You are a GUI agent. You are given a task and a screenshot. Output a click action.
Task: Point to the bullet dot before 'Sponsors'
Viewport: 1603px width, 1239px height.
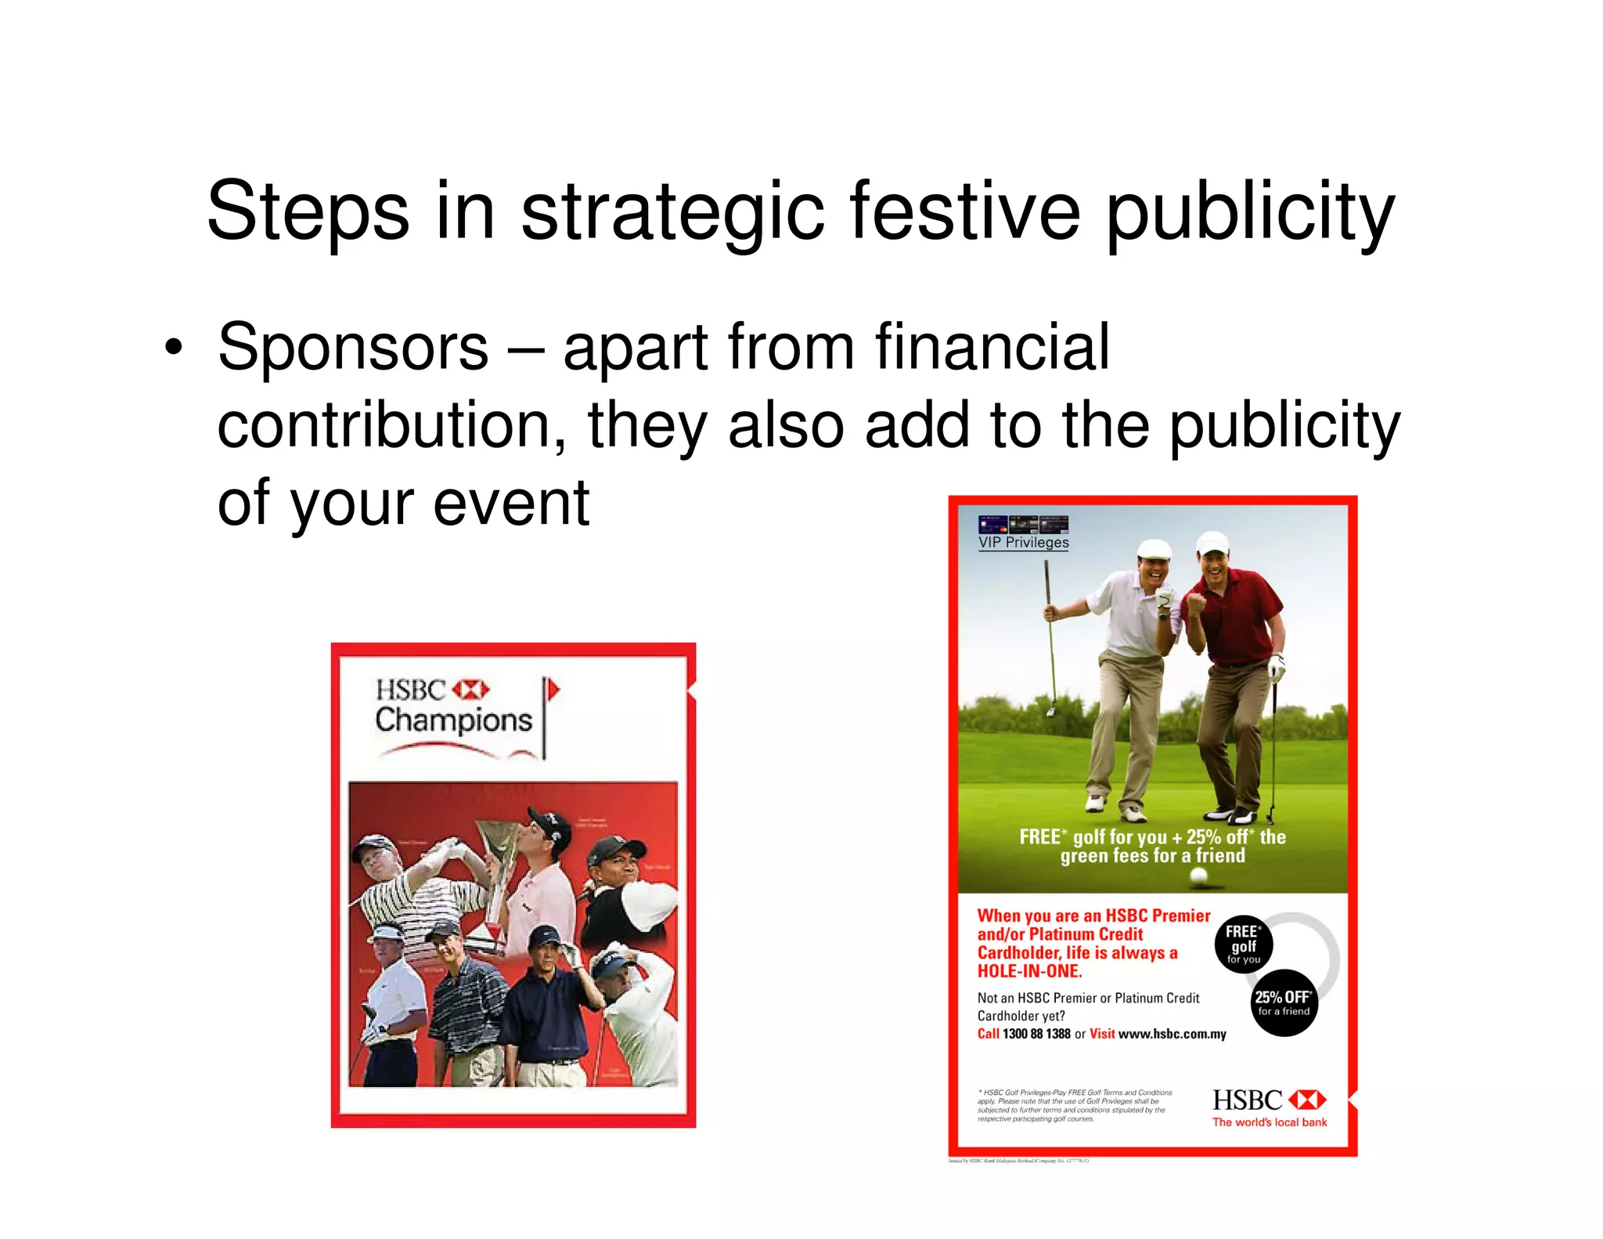click(173, 347)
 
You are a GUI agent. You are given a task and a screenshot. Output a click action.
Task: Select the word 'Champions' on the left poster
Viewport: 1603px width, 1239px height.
click(453, 720)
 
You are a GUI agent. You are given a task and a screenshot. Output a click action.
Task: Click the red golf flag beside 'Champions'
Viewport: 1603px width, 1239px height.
click(553, 690)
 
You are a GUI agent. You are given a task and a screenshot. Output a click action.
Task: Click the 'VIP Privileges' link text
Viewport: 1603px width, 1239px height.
click(1023, 542)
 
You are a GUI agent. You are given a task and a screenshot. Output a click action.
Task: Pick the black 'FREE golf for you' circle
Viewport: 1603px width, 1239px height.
click(1243, 945)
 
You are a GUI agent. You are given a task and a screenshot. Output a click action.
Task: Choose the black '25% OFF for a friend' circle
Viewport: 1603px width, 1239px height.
click(1283, 1002)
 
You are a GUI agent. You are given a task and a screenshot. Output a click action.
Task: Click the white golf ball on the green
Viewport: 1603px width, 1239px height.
click(1198, 877)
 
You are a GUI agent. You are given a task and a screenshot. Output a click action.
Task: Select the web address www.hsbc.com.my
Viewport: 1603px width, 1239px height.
click(1172, 1034)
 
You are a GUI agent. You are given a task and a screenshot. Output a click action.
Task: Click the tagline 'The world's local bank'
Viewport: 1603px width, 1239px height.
click(1270, 1122)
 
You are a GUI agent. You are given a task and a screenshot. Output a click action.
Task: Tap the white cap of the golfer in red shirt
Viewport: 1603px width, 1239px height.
click(1212, 541)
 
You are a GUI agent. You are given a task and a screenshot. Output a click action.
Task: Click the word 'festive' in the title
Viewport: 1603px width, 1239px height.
click(964, 211)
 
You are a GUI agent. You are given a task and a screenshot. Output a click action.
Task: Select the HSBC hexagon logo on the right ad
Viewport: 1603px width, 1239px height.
click(1307, 1100)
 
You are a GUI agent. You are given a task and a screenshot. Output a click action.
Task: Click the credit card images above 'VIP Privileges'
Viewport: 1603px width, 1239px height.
click(1023, 524)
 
